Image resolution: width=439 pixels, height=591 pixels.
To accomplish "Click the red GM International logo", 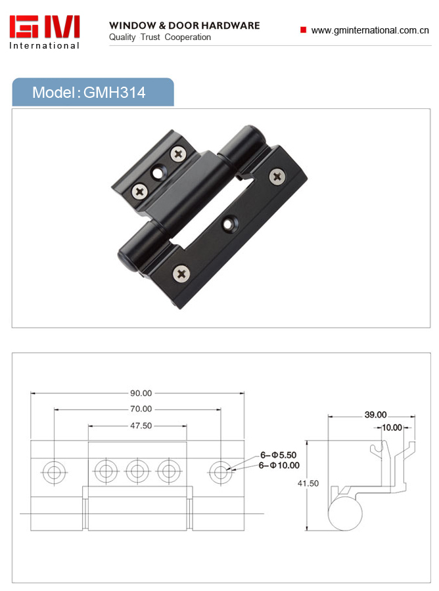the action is coord(45,32).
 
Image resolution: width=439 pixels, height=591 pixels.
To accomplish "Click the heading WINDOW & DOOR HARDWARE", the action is coord(185,26).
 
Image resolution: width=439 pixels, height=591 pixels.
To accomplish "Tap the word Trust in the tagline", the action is coord(150,37).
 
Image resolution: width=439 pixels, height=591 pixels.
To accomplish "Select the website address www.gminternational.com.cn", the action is coord(370,30).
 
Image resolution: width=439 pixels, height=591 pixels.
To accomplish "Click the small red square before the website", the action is coord(303,30).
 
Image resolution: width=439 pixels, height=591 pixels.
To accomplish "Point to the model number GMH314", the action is coord(114,93).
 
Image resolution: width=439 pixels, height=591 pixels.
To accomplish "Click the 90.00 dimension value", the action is coord(141,393).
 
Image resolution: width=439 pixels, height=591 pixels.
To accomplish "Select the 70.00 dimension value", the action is coord(141,409).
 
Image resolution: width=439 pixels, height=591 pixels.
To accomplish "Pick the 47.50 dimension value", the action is coord(141,426).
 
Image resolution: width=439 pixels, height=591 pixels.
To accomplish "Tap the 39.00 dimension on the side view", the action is coord(376,415).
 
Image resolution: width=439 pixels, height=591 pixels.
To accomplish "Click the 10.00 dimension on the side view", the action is coord(392,427).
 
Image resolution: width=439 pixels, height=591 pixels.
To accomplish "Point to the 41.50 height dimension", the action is coord(308,483).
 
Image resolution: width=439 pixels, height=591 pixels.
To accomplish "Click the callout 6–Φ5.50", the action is coord(279,455).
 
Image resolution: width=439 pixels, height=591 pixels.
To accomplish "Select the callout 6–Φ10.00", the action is coord(279,466).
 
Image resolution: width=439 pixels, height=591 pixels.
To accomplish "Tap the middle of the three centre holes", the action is coord(137,471).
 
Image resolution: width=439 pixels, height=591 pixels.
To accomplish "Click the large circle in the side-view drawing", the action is coord(345,514).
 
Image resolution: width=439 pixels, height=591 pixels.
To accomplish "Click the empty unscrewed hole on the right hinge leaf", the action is coord(228,224).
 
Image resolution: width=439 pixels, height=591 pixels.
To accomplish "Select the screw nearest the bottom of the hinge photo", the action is coord(181,273).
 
